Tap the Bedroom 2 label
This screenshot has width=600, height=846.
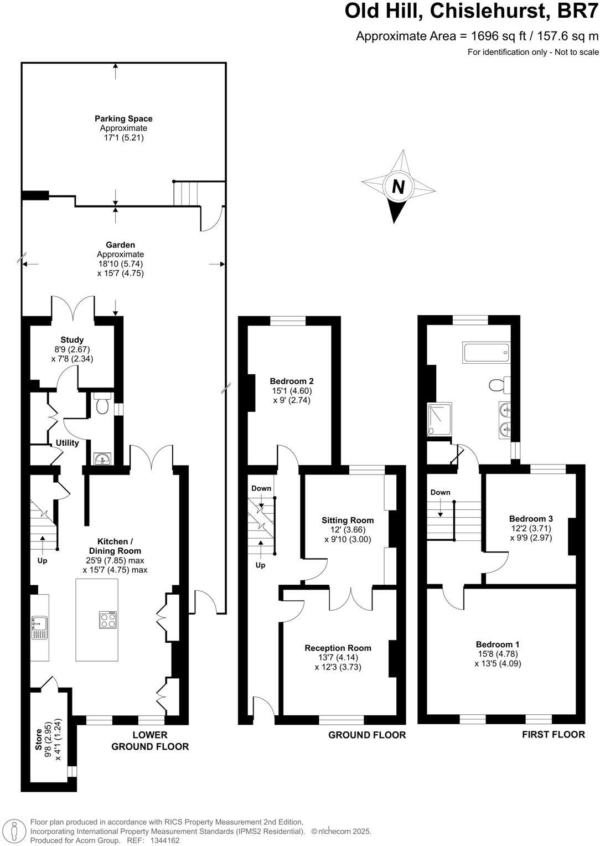point(292,381)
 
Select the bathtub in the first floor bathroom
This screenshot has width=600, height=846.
point(485,353)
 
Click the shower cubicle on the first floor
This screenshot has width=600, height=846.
point(439,420)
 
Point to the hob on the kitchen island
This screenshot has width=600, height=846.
point(108,619)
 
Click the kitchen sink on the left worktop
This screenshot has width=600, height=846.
point(40,627)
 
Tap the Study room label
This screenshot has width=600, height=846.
point(72,340)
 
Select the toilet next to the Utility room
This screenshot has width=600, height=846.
point(102,405)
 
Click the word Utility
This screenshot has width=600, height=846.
point(67,443)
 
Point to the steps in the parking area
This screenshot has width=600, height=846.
point(185,194)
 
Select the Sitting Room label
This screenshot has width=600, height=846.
point(348,520)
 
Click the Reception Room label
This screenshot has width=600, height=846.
point(338,648)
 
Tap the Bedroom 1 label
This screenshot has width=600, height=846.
point(498,644)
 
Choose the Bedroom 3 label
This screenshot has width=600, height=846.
point(531,519)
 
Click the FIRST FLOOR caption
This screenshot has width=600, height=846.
point(554,734)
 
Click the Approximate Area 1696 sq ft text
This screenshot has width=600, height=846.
point(477,37)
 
